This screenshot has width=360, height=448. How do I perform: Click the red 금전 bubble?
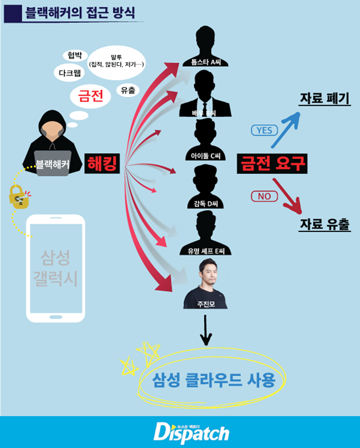[90, 96]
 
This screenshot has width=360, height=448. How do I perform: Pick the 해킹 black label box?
[102, 164]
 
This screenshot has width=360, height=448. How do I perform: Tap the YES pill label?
[264, 130]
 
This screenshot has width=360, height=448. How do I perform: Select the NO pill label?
[264, 197]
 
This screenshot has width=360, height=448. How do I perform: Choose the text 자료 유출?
[324, 225]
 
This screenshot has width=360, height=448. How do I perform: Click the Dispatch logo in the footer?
[191, 432]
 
